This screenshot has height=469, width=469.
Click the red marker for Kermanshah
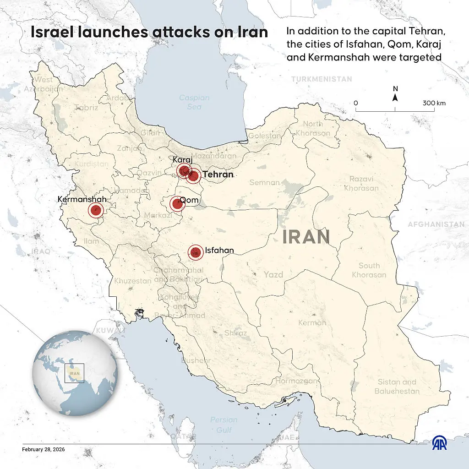click(x=95, y=210)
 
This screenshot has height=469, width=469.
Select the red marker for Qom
click(x=177, y=203)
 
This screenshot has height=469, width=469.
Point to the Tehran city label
click(x=218, y=175)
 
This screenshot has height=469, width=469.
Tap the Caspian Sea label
click(x=194, y=102)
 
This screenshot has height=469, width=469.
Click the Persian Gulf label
click(x=224, y=425)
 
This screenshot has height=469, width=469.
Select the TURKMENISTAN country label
click(x=322, y=79)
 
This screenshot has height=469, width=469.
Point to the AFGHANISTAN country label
click(x=436, y=224)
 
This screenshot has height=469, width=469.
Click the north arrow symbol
click(x=395, y=97)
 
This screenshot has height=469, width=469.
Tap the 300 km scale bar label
click(x=434, y=103)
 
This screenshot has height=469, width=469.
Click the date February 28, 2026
click(x=44, y=449)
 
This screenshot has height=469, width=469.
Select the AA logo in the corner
click(x=440, y=443)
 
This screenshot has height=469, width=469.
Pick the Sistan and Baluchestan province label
click(x=397, y=387)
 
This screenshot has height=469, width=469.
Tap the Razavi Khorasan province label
click(x=361, y=183)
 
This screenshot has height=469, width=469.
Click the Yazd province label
click(x=273, y=275)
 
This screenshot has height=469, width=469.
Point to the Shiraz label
click(x=235, y=333)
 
